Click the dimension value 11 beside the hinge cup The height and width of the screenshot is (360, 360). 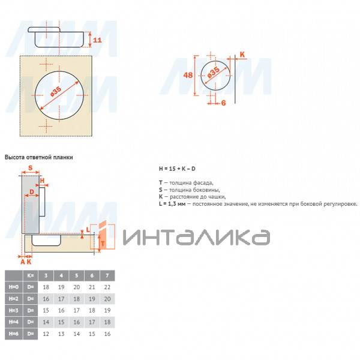98,40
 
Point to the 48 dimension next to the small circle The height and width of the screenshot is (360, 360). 187,76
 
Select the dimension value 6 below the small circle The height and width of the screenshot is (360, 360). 222,103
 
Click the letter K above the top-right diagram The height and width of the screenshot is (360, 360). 242,54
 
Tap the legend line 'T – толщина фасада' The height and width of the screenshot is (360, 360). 186,182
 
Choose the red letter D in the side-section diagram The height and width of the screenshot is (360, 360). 32,192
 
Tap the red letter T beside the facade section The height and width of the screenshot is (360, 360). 103,244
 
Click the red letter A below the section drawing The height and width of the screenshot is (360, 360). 22,262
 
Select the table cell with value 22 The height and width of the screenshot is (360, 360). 107,287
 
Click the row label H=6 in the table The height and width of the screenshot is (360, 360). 13,333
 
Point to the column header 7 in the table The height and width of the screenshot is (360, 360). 107,275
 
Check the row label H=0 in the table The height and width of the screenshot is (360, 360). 13,287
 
